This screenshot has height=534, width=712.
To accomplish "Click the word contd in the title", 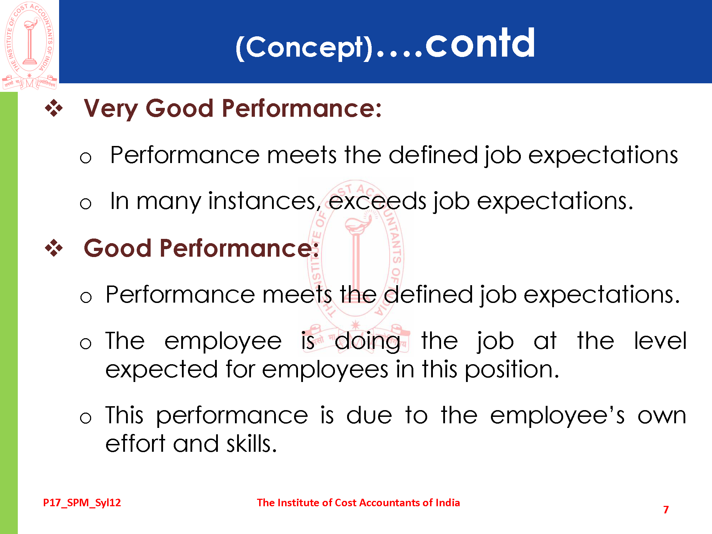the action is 480,43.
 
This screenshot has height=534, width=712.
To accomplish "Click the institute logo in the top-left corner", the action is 30,46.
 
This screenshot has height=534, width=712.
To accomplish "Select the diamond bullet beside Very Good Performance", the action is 54,108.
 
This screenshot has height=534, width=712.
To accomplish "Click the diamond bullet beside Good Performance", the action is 54,248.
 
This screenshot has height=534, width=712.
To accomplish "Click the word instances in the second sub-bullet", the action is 265,201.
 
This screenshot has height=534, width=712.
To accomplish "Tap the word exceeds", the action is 377,201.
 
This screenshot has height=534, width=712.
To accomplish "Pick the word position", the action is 512,370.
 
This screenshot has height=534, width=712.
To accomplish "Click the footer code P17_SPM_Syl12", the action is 82,503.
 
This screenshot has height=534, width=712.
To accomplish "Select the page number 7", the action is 666,510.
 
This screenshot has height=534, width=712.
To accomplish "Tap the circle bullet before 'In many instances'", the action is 85,204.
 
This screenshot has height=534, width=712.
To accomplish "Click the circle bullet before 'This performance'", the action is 85,418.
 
